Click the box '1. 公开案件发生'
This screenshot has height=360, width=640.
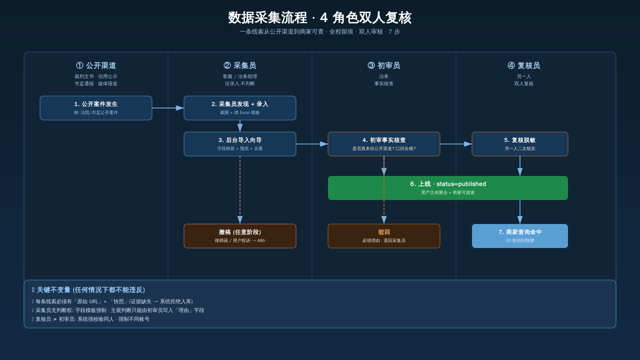[x=96, y=108]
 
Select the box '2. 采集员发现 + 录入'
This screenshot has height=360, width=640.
[x=240, y=108]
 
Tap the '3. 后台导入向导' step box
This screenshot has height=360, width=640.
[x=240, y=144]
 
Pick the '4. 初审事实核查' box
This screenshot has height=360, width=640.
[x=384, y=144]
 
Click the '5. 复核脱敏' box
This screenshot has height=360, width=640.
[x=520, y=144]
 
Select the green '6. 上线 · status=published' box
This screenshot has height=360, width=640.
[x=448, y=188]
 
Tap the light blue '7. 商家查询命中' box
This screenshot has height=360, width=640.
[x=520, y=236]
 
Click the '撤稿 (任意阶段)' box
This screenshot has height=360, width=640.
[x=240, y=236]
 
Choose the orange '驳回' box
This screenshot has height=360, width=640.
[x=384, y=236]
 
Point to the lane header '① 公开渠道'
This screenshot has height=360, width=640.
[x=96, y=66]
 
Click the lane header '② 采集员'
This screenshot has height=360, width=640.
[x=240, y=66]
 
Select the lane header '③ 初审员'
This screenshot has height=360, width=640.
[x=384, y=66]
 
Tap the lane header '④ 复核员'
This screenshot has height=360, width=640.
[x=524, y=66]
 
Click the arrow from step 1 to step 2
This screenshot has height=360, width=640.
[x=168, y=108]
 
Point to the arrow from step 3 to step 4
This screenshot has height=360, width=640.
[x=312, y=144]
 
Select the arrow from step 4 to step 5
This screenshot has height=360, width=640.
[x=456, y=144]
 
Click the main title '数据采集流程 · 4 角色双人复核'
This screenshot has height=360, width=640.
[x=320, y=18]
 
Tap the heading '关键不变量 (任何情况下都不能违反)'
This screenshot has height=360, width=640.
[x=91, y=290]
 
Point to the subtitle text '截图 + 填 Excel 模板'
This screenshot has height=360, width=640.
[x=240, y=112]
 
